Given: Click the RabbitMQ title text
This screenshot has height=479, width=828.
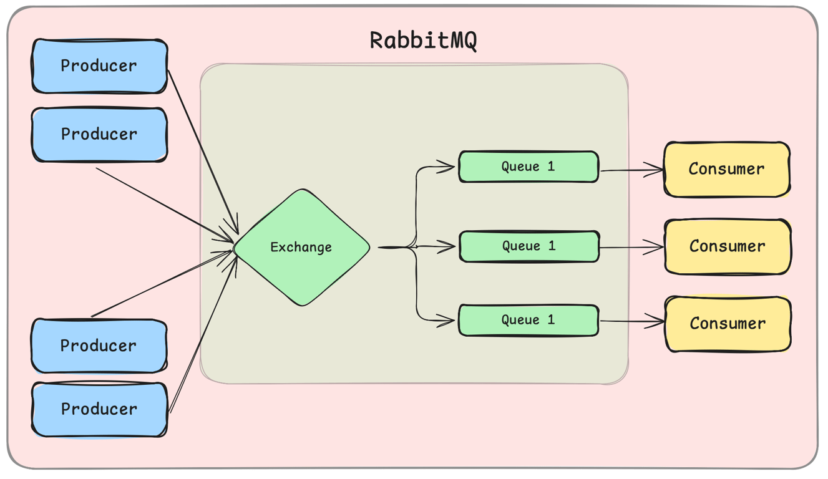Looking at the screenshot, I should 423,41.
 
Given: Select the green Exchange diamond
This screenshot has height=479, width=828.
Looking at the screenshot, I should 302,248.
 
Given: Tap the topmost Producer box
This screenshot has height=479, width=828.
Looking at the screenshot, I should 99,66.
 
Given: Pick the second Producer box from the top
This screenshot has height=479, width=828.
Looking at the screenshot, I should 99,135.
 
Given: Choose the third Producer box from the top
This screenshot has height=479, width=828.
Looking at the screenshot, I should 99,346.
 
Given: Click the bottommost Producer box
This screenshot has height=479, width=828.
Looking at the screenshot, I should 99,409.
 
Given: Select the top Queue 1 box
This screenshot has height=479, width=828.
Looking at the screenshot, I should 528,167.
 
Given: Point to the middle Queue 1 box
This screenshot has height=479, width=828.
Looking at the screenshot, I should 528,246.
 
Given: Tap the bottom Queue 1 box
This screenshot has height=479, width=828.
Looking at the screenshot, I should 528,320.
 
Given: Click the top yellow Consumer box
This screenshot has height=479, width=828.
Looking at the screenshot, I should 727,169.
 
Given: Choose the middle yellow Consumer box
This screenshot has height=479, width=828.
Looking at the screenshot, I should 728,246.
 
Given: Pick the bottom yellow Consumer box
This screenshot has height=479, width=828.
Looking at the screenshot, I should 728,324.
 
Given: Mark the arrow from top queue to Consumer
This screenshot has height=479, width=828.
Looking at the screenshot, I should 630,170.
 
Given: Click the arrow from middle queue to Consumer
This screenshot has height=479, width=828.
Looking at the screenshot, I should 630,248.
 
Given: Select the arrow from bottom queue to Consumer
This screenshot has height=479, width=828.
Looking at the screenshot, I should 630,322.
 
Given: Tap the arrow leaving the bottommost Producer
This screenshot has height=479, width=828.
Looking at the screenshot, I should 203,337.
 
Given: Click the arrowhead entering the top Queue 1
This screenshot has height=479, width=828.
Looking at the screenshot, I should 447,167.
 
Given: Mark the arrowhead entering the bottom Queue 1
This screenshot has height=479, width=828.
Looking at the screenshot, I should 447,321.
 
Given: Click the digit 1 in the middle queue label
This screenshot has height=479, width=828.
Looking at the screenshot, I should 551,246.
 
